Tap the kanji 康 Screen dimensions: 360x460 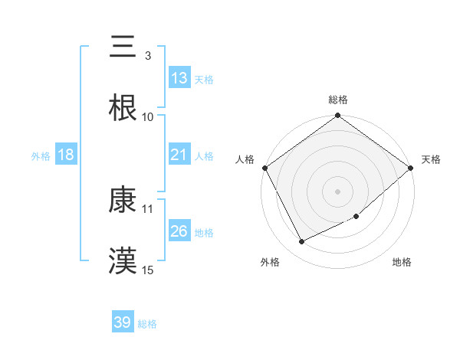123,200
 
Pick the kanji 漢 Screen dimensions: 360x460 123,260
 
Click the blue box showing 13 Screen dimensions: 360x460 179,78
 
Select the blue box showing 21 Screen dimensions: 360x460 179,155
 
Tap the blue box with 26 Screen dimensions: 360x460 179,231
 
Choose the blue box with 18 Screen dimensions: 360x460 66,155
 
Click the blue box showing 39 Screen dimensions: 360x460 123,322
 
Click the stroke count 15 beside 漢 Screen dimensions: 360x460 148,270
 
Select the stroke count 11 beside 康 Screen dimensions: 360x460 148,208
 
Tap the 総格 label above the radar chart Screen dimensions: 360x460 338,100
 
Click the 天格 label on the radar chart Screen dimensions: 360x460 431,159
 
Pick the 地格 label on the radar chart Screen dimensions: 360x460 402,262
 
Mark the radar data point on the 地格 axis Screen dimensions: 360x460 356,217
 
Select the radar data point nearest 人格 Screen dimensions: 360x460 264,168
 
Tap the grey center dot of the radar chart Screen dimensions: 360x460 338,191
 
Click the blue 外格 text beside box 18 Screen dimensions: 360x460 41,155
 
